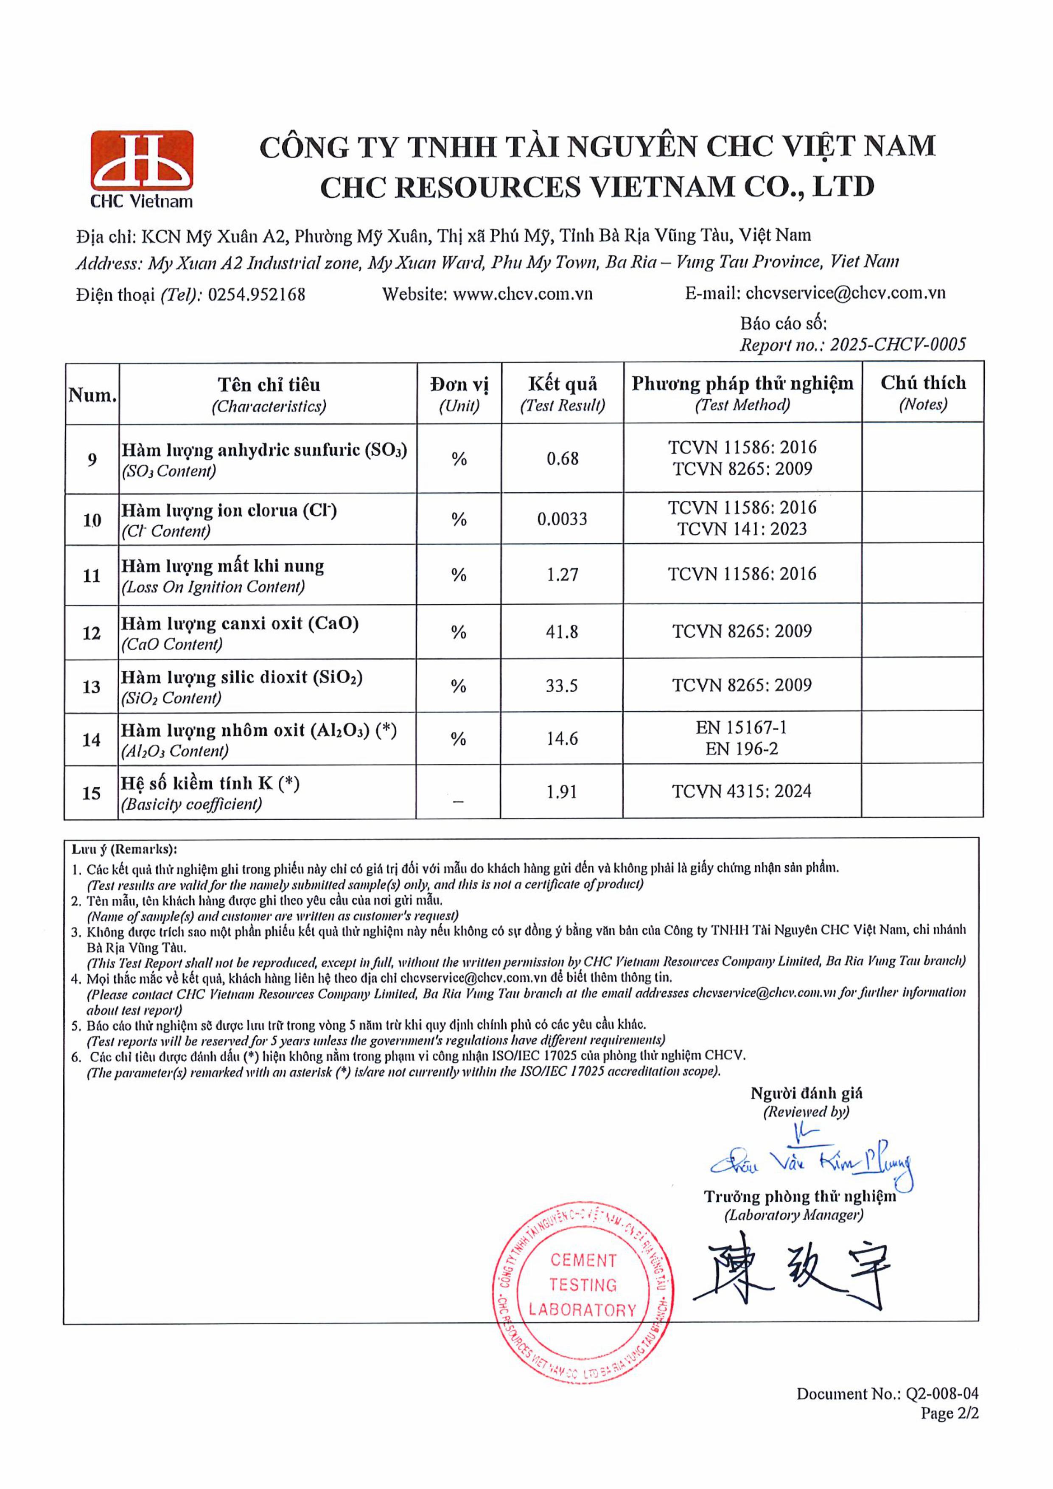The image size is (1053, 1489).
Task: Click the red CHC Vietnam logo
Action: tap(141, 168)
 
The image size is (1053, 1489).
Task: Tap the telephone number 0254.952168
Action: tap(256, 294)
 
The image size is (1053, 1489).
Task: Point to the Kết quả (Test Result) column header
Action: tap(562, 394)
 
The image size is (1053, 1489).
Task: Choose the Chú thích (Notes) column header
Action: tap(923, 393)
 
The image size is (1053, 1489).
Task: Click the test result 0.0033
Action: tap(562, 519)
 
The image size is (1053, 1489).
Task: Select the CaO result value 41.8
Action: tap(562, 632)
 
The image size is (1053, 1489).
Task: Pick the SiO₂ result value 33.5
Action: tap(562, 685)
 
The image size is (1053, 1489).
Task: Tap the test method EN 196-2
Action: tap(742, 749)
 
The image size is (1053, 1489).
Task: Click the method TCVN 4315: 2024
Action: tap(742, 791)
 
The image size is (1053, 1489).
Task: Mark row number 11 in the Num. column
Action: tap(91, 575)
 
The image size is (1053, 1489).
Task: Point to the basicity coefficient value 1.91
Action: tap(562, 792)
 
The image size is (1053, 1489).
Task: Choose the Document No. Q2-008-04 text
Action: tap(887, 1394)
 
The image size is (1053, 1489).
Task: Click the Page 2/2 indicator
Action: tap(949, 1413)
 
